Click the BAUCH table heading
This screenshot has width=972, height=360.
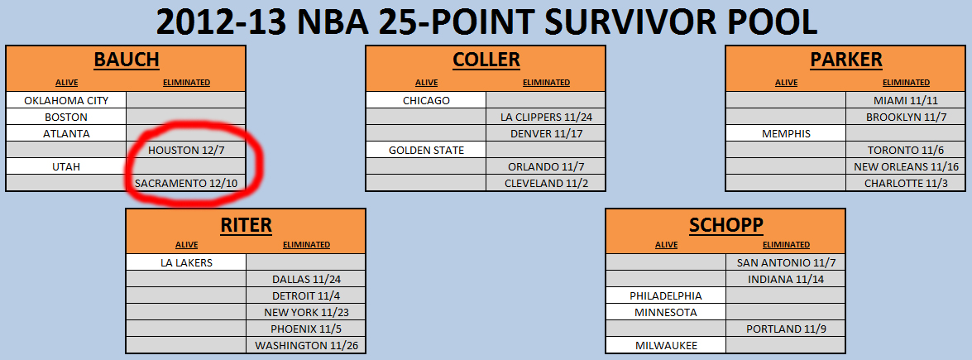click(127, 60)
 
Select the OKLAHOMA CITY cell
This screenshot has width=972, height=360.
click(66, 100)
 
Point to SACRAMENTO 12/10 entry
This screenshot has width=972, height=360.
click(186, 183)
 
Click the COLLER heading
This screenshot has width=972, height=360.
click(486, 60)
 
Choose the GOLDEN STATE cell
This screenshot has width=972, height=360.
click(427, 150)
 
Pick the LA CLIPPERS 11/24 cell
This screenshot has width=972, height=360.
click(545, 117)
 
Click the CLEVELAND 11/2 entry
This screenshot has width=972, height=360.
click(545, 183)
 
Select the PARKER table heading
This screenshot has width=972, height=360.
click(846, 60)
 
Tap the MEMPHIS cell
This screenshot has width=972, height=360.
click(786, 133)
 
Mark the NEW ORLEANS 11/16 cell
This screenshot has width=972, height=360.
click(907, 166)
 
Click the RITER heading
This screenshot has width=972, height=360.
click(246, 225)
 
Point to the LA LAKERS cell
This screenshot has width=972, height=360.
click(187, 262)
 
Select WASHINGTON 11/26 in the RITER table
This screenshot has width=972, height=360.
click(306, 345)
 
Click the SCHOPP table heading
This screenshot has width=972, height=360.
click(726, 225)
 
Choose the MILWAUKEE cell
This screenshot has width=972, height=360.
click(666, 345)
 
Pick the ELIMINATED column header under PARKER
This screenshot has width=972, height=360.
click(907, 82)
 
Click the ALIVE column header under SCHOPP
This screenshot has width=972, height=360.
click(667, 245)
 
